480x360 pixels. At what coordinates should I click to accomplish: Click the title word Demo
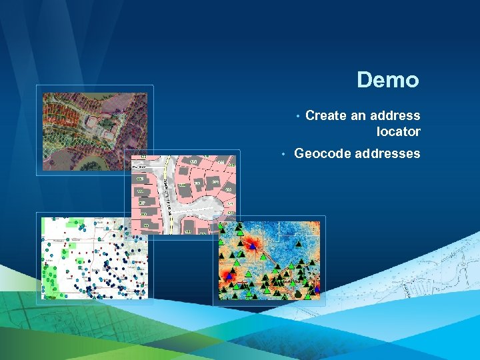[x=387, y=80]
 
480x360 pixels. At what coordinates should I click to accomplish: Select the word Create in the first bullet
[x=325, y=115]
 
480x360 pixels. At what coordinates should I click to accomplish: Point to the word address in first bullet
[x=396, y=115]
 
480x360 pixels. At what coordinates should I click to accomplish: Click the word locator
[x=398, y=131]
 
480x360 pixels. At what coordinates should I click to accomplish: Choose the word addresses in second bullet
[x=387, y=153]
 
